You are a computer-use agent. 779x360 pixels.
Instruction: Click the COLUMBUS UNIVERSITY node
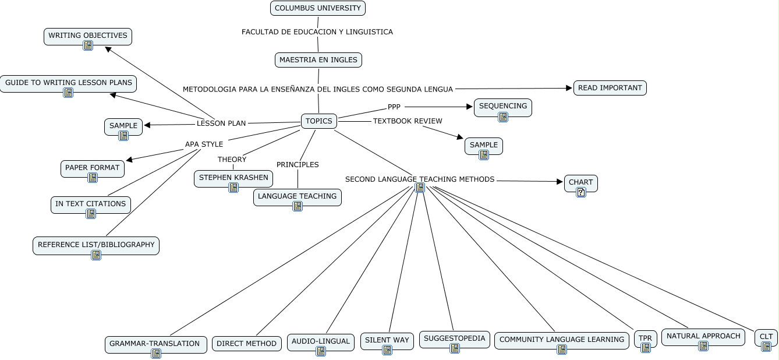318,8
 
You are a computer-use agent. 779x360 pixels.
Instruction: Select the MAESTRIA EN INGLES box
318,60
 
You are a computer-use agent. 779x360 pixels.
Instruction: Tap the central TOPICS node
319,121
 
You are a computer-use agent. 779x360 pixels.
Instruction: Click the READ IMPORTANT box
610,88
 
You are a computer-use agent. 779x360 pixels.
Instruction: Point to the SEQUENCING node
503,107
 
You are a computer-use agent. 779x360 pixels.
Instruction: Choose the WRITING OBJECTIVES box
88,36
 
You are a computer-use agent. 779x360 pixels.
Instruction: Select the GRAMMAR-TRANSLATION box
156,344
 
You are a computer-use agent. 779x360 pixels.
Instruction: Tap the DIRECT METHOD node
247,344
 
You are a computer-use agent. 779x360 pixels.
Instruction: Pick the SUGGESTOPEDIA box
455,340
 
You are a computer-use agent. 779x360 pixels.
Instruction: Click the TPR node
646,339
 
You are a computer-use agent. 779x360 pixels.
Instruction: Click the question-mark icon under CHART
581,192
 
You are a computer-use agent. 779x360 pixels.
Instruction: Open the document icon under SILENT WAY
387,350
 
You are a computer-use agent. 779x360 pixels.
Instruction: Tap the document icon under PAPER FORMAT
93,178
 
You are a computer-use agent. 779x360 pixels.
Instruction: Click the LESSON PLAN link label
221,123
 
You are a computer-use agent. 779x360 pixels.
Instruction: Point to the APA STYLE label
204,144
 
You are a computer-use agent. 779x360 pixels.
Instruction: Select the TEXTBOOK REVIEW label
408,121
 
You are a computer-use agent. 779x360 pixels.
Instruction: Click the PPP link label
394,107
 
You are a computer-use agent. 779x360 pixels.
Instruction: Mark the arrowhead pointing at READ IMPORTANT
569,88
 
